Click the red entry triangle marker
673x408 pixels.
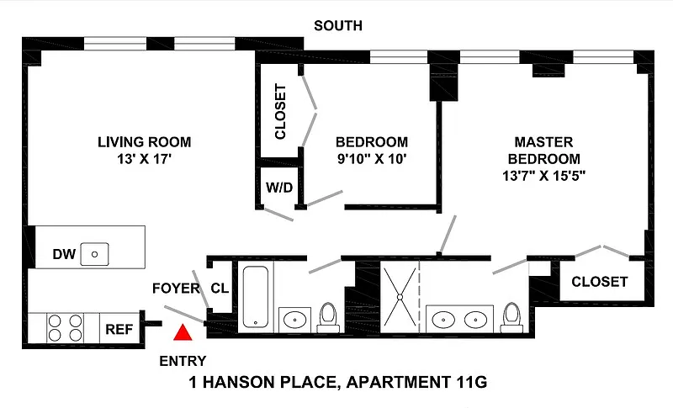tap(183, 332)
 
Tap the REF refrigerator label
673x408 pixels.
tap(119, 329)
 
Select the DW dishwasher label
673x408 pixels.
tap(64, 254)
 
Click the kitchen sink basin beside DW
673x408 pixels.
tap(94, 254)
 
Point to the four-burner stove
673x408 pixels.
tap(65, 328)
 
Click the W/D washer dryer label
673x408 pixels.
tap(279, 188)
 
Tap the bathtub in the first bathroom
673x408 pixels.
tap(256, 297)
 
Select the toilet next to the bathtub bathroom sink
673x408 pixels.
tap(328, 317)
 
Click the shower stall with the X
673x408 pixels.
tap(400, 296)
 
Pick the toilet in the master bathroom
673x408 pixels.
tap(511, 317)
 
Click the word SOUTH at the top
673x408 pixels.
tap(338, 26)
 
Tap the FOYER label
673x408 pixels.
tap(177, 289)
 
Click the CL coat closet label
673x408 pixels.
tap(220, 289)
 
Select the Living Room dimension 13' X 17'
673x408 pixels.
tap(145, 159)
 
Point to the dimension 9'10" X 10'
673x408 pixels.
tap(372, 159)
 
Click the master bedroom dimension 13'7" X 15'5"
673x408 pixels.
tap(543, 176)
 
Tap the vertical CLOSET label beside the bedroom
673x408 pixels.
tap(280, 112)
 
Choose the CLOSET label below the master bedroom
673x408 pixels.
tap(600, 282)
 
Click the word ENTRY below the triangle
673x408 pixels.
tap(183, 361)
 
